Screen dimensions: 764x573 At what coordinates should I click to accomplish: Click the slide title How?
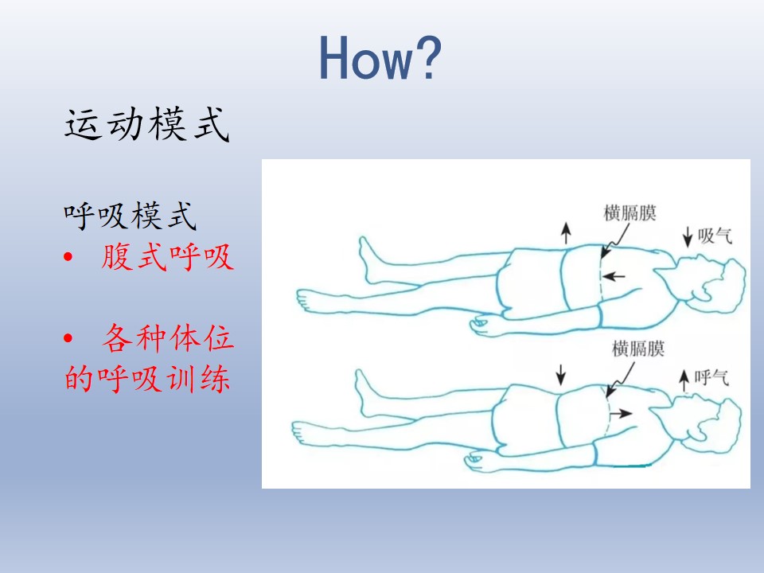point(380,58)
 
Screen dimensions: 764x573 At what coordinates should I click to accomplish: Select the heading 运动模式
point(147,124)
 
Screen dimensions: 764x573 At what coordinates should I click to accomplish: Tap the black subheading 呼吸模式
point(130,216)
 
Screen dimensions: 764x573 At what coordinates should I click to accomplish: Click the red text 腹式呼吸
point(168,256)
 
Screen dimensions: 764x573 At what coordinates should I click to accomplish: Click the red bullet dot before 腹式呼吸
point(68,257)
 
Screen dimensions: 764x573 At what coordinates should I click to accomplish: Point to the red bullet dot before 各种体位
point(68,337)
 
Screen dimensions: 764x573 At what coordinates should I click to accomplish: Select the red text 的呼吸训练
point(147,379)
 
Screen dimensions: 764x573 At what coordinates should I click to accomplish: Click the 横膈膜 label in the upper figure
point(630,213)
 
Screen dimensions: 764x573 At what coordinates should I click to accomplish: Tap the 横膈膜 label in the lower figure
point(638,349)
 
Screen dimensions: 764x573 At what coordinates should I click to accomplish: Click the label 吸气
point(715,236)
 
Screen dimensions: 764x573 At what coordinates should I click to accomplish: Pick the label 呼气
point(711,377)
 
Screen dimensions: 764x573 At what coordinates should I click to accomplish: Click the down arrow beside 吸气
point(688,236)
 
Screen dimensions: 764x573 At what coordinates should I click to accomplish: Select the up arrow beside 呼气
point(684,380)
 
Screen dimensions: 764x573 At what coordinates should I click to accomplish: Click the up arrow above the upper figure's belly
point(566,233)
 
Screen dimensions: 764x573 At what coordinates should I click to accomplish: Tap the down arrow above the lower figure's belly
point(561,375)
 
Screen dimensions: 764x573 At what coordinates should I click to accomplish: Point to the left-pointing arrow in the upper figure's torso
point(614,276)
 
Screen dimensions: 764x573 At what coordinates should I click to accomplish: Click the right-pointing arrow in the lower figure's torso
point(621,414)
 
